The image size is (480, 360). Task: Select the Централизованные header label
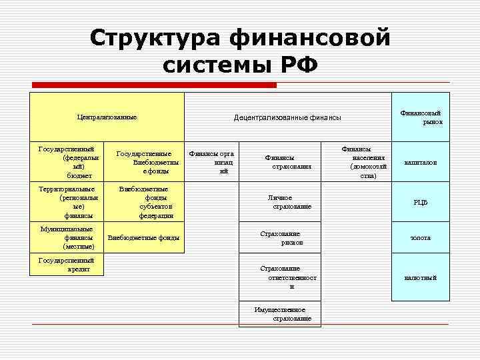pyautogui.click(x=107, y=117)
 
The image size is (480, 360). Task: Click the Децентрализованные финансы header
pyautogui.click(x=287, y=117)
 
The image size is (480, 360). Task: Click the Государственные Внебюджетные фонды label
pyautogui.click(x=147, y=162)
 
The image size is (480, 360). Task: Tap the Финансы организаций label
pyautogui.click(x=213, y=162)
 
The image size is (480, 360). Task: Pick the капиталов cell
pyautogui.click(x=421, y=162)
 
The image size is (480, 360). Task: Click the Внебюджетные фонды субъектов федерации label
pyautogui.click(x=147, y=203)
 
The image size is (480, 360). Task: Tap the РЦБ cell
pyautogui.click(x=421, y=203)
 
